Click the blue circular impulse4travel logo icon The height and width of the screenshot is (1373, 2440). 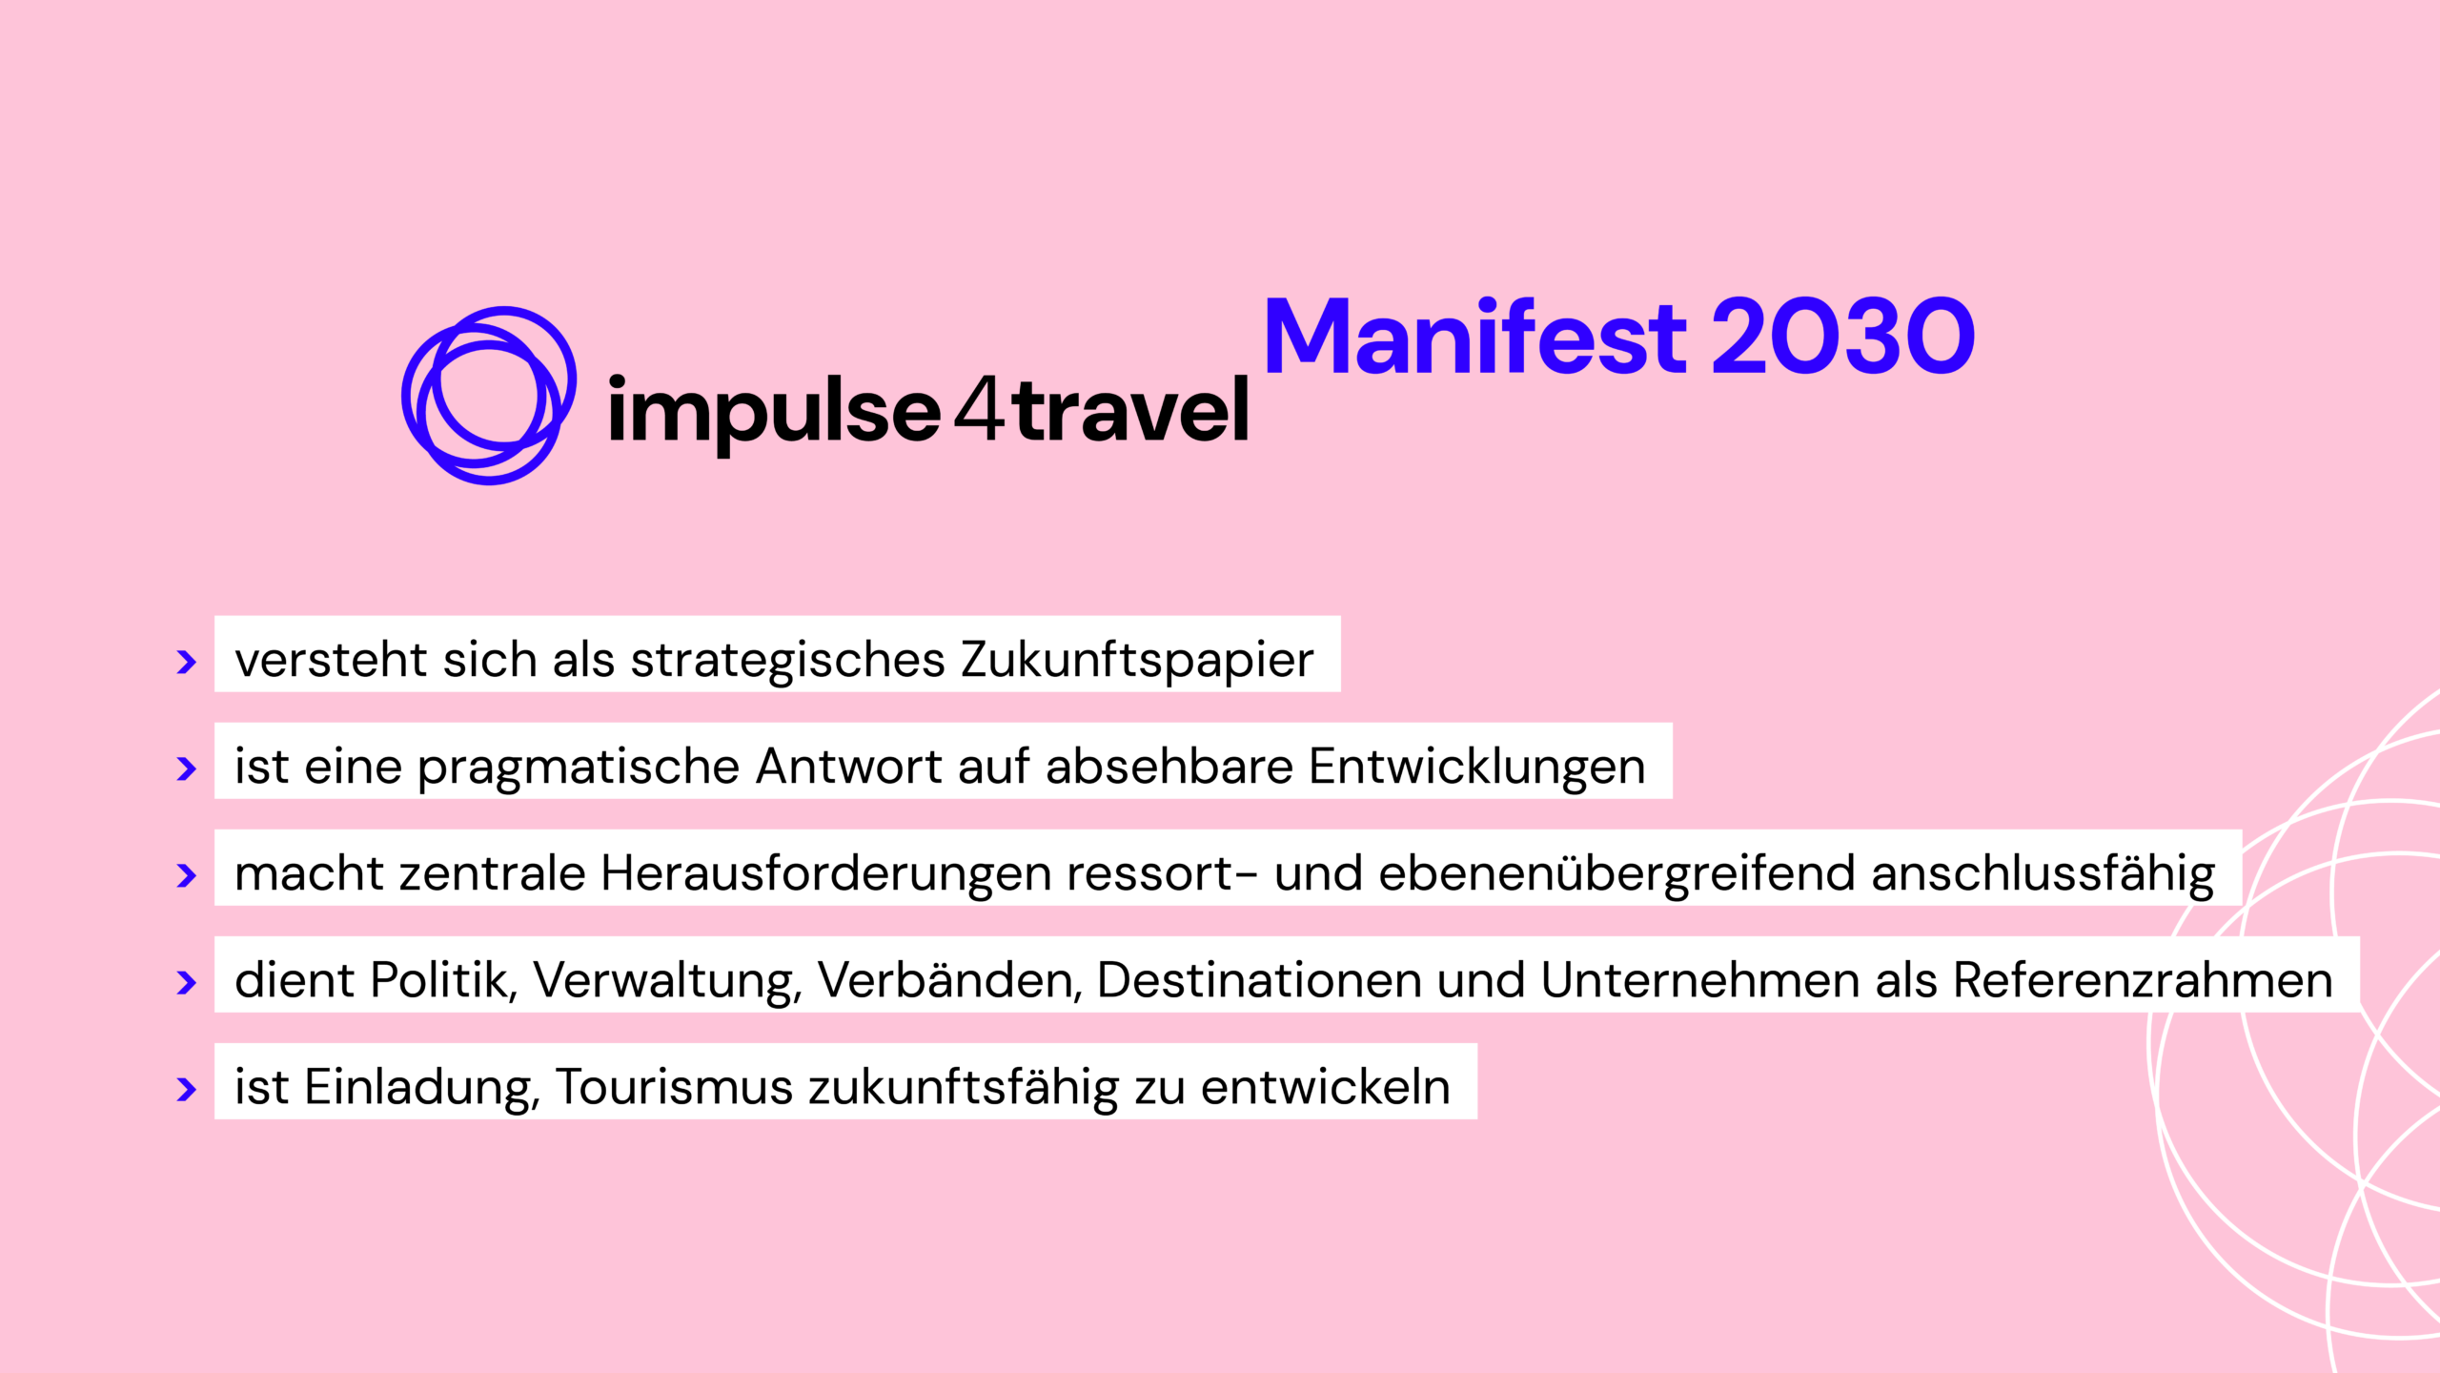click(x=489, y=395)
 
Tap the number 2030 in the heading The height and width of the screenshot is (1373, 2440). click(x=1843, y=338)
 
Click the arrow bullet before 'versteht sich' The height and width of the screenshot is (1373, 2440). click(x=187, y=662)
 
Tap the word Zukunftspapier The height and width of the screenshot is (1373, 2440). click(x=1137, y=660)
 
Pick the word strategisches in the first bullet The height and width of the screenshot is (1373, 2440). click(x=788, y=660)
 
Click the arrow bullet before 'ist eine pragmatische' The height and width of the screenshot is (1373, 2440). click(x=187, y=768)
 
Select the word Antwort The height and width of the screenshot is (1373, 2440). click(x=849, y=767)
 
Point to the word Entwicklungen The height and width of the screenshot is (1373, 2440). click(x=1476, y=767)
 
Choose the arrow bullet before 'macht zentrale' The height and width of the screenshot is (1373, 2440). click(x=187, y=875)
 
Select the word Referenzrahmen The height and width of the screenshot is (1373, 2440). click(x=2143, y=980)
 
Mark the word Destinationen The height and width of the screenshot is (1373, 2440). click(x=1259, y=980)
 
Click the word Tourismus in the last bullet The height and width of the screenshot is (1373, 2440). click(x=674, y=1087)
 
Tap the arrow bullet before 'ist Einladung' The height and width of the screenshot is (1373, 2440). click(x=187, y=1089)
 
